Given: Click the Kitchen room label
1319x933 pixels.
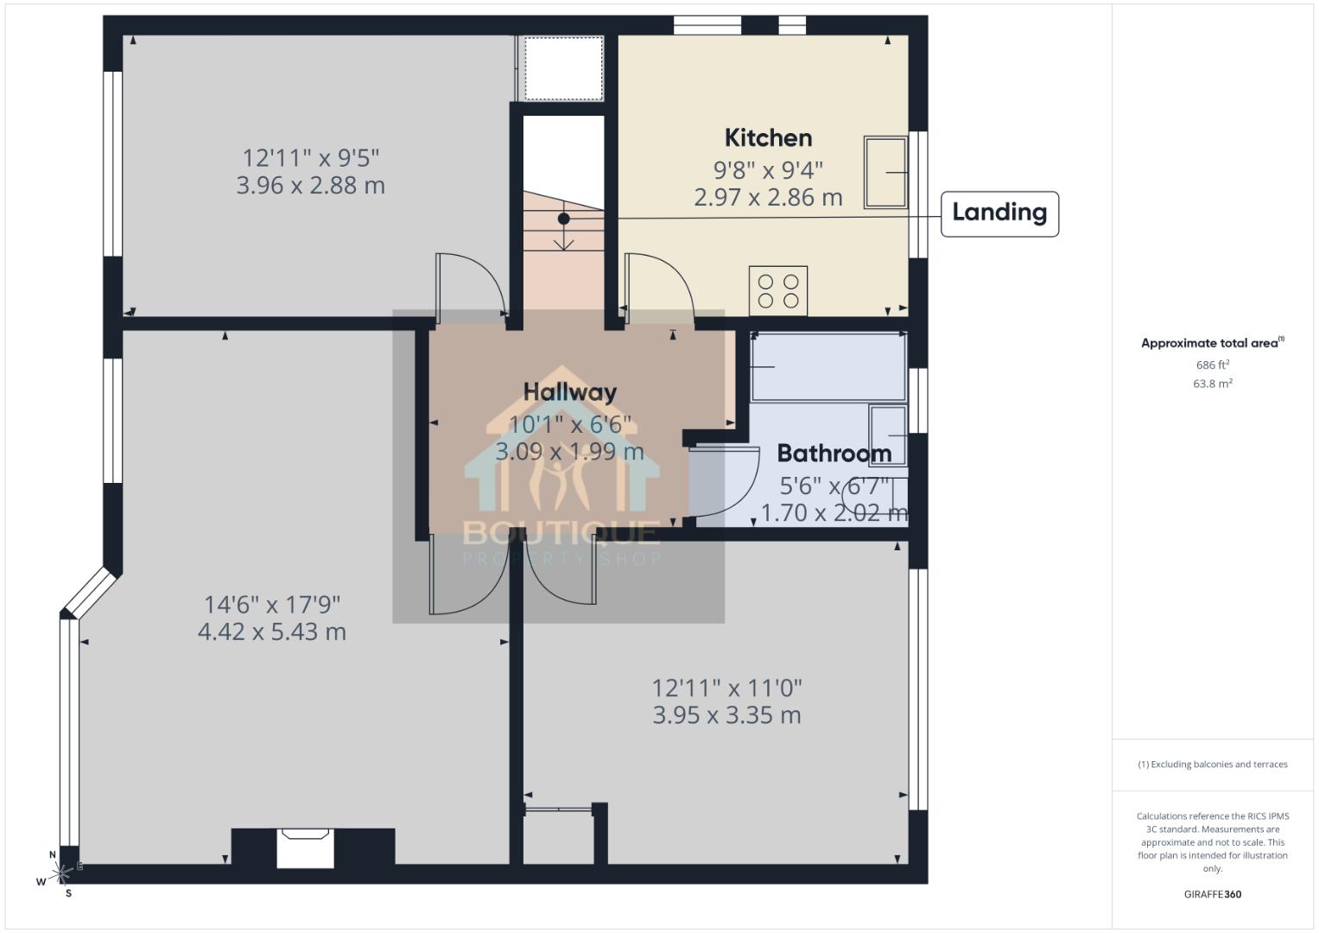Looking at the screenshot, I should (768, 138).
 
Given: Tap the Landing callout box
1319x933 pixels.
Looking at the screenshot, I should (999, 213).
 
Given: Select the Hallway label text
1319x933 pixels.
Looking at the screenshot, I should (570, 392).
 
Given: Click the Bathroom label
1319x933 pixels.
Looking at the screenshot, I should (834, 454).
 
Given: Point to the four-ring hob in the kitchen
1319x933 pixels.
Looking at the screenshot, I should (778, 290).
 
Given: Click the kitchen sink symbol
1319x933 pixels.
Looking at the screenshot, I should (886, 172).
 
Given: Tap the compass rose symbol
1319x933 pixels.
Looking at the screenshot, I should (61, 874).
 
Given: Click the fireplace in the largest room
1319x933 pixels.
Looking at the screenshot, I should (305, 847).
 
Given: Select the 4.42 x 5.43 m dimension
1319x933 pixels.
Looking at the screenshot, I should (272, 632).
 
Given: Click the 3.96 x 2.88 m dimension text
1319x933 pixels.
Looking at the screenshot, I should (311, 186).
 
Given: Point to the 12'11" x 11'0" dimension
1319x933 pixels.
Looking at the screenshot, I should (726, 689).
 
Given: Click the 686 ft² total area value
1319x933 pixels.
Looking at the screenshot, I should (1213, 365).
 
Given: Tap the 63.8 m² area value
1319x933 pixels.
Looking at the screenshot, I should (1213, 384).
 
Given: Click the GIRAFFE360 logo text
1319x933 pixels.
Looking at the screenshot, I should (1213, 894).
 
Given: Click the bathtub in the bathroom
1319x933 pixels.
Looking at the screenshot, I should (828, 367).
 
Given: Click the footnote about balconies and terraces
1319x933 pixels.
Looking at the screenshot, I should (1213, 765).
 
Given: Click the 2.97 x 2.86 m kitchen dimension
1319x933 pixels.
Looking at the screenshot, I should (768, 198).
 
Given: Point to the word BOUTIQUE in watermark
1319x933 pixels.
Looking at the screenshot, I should (561, 532).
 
